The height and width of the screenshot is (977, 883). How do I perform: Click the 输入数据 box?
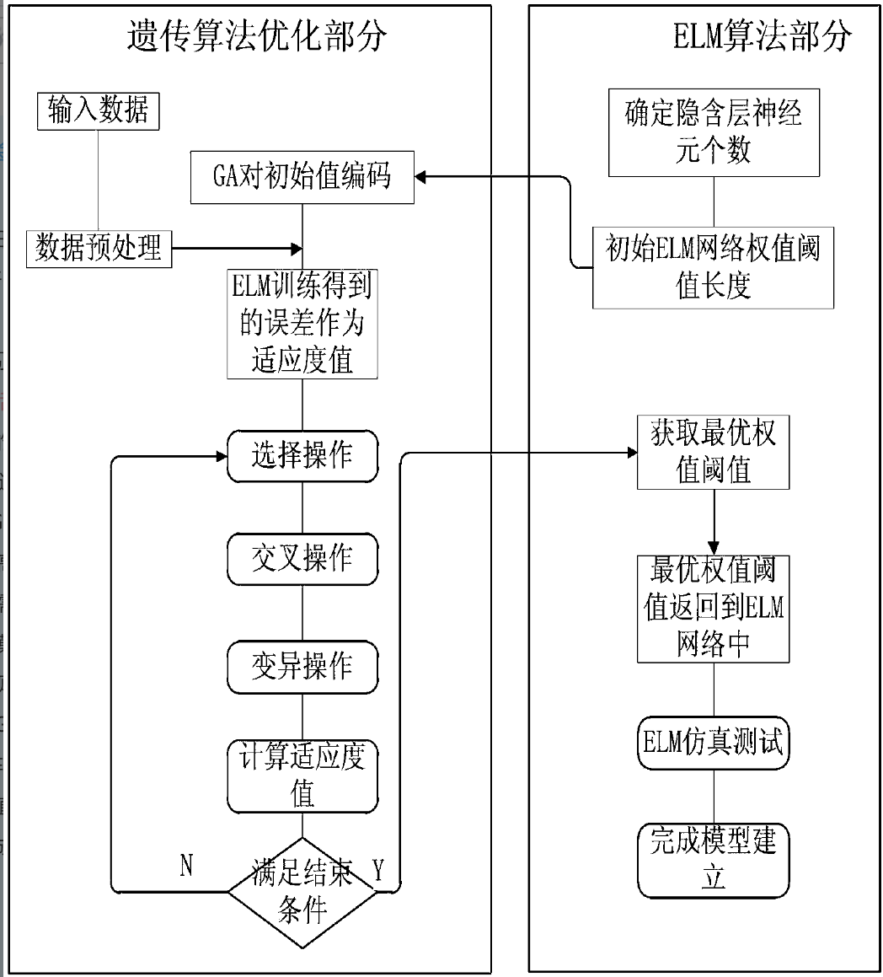[99, 110]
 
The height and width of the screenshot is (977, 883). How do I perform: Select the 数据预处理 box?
[99, 248]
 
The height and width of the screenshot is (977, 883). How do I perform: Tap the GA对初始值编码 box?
[302, 178]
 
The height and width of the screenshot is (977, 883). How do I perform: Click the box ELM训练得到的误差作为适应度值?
[302, 324]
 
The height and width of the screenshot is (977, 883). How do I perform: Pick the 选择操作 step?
[302, 456]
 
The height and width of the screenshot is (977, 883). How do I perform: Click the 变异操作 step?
[302, 667]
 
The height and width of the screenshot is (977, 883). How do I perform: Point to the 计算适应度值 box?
[302, 776]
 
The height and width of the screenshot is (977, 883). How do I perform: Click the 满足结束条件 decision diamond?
[302, 892]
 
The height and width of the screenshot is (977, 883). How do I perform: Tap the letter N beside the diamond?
[186, 866]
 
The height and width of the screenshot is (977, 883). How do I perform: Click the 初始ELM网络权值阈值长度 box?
[714, 267]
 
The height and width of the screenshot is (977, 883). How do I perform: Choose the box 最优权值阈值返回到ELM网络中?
[714, 608]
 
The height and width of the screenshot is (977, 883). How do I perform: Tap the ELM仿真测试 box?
[714, 743]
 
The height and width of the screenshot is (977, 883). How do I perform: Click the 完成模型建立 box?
[714, 860]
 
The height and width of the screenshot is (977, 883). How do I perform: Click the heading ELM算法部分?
[763, 36]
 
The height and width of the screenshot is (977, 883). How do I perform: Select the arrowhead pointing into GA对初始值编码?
[422, 176]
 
